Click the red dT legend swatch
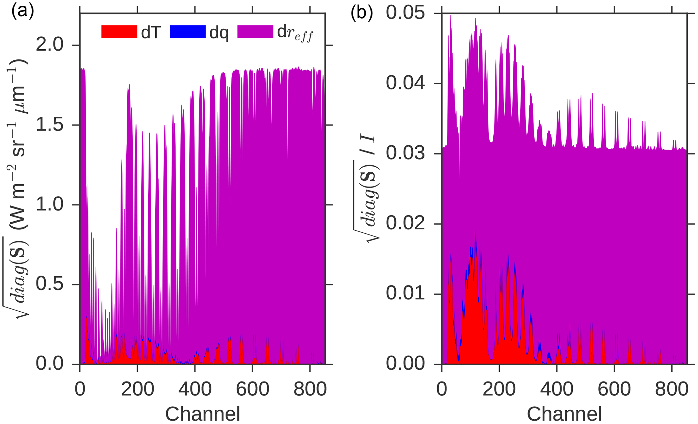(119, 32)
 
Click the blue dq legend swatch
(188, 32)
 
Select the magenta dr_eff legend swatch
(255, 32)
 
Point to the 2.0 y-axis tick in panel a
(50, 45)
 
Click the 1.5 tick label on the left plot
(50, 125)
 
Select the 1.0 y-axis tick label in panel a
(50, 204)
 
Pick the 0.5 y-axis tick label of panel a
(50, 284)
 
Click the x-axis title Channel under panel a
(203, 414)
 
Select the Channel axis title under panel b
(564, 414)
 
